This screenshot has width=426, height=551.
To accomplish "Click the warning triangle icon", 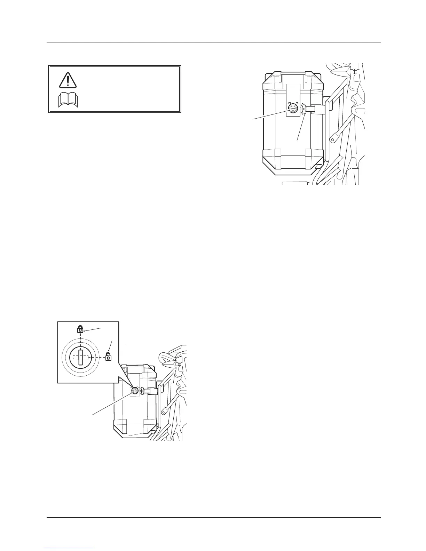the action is pos(67,80).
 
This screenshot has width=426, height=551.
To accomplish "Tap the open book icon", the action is pos(69,101).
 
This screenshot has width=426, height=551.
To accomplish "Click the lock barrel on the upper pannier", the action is pos(293,109).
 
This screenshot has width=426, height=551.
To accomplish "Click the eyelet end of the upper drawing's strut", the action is pos(334,140).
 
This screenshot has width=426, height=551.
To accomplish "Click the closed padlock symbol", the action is pos(80,329).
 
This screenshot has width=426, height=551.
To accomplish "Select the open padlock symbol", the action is pos(108,357).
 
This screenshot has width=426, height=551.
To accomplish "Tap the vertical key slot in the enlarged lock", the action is pos(81,358).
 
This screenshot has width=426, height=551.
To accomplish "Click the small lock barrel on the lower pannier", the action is pos(135,391).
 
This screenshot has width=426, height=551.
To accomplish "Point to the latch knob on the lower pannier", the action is pos(142,391).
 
